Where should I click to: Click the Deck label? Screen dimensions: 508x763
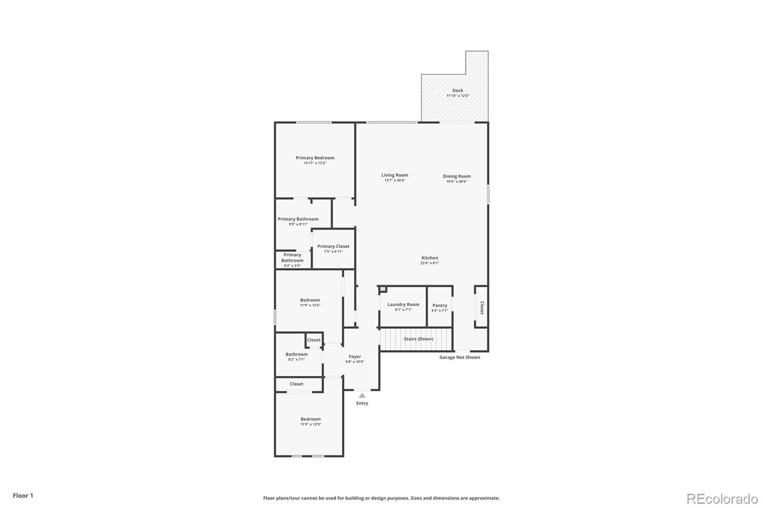click(x=457, y=91)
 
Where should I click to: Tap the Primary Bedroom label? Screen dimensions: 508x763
click(x=315, y=158)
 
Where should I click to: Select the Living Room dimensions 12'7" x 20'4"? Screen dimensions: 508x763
click(x=394, y=181)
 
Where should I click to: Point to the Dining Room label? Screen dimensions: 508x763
click(x=456, y=176)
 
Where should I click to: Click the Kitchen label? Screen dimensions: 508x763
click(x=429, y=258)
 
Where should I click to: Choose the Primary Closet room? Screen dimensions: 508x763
click(x=333, y=249)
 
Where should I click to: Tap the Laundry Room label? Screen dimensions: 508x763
click(x=403, y=305)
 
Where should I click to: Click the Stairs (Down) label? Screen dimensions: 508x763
click(x=418, y=339)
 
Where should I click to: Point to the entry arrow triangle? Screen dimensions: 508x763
click(x=362, y=395)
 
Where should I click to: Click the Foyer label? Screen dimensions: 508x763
click(x=354, y=356)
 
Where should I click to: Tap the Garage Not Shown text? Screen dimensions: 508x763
click(x=459, y=357)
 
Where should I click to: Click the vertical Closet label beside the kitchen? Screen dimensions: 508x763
click(x=482, y=307)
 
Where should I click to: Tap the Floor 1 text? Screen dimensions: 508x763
click(x=23, y=496)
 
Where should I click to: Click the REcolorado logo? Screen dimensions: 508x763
click(x=722, y=499)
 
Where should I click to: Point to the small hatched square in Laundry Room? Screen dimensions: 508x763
click(x=382, y=289)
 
